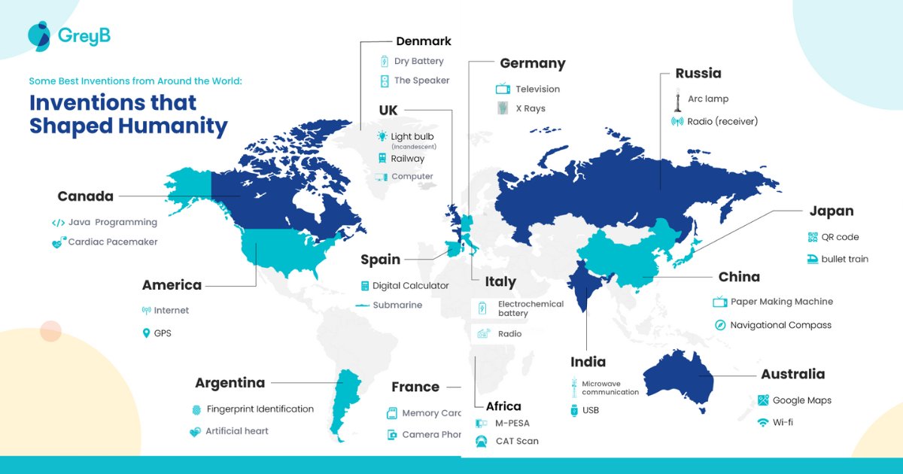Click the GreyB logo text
[x=84, y=35]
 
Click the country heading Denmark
[x=424, y=41]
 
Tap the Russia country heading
[x=698, y=73]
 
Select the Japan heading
[x=832, y=211]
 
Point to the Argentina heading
[x=230, y=383]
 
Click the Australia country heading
[x=792, y=374]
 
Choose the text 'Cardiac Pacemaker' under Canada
[x=113, y=242]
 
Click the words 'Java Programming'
[x=113, y=223]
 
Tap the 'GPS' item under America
[x=163, y=333]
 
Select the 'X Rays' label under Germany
[x=530, y=108]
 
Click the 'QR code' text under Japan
[x=840, y=237]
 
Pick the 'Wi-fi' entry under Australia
[x=783, y=422]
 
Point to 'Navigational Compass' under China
[x=781, y=325]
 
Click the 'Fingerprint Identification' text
[x=260, y=409]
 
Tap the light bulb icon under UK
[x=383, y=137]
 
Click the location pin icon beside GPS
[x=146, y=333]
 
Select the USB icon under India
[x=573, y=411]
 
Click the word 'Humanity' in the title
[x=172, y=126]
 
